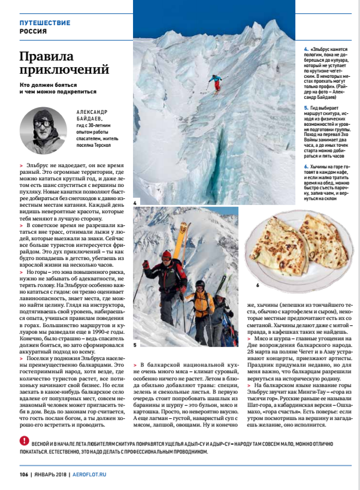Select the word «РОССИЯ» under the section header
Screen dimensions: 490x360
tap(33, 31)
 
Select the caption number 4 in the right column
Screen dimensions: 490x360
tap(305, 48)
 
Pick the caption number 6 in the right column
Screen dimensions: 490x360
tap(305, 165)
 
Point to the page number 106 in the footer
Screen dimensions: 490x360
tap(23, 473)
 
